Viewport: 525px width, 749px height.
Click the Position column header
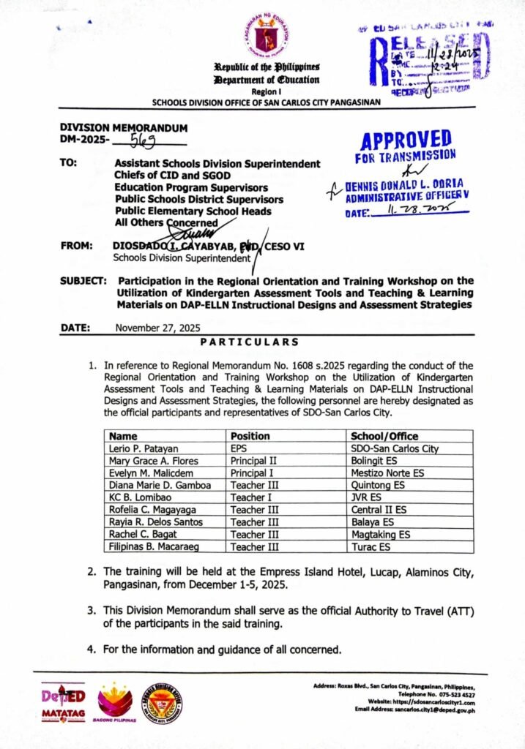tap(250, 435)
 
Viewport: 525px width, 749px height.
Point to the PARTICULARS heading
tap(250, 341)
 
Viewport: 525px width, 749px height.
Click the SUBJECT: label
tap(84, 281)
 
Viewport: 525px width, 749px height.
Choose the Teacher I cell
tap(252, 497)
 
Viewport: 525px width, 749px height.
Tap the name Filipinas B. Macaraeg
tap(150, 546)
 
